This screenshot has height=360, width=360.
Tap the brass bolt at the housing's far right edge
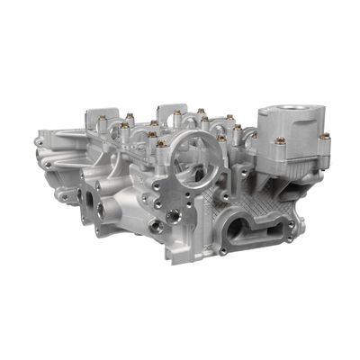[x=324, y=137]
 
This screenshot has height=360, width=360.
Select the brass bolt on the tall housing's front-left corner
[x=281, y=141]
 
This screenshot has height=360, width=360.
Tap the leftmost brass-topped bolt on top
[x=101, y=116]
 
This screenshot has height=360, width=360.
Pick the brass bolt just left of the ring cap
[x=161, y=143]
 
